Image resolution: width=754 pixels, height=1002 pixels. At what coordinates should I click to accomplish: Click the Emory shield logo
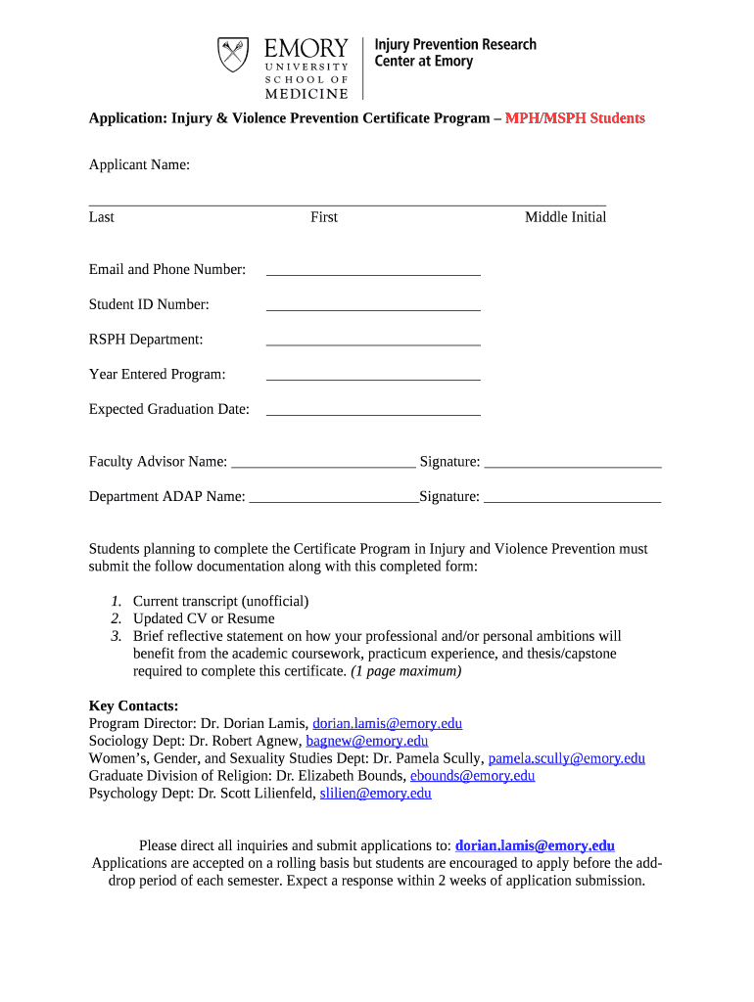[x=232, y=55]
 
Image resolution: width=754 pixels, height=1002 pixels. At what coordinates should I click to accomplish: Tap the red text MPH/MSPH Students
[x=575, y=118]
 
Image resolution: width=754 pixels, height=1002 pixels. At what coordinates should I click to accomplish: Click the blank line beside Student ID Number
[x=373, y=309]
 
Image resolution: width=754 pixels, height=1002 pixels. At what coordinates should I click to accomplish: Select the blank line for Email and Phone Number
[x=373, y=274]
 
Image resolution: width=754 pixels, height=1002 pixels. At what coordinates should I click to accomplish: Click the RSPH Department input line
[x=373, y=343]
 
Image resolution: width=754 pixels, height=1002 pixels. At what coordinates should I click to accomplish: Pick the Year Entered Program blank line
[x=373, y=379]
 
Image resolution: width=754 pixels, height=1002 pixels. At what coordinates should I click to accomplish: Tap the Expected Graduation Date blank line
[x=373, y=414]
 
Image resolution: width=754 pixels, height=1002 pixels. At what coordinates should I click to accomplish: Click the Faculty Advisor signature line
[x=573, y=467]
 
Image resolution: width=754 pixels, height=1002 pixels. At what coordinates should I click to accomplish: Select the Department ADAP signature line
[x=573, y=501]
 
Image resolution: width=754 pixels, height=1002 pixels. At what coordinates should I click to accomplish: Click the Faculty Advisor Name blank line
[x=323, y=467]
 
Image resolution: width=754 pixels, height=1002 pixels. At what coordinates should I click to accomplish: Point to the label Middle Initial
[x=565, y=217]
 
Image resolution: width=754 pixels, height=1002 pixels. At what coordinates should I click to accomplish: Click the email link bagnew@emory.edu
[x=367, y=741]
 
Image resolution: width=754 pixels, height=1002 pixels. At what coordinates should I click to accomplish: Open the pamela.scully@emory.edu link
[x=566, y=758]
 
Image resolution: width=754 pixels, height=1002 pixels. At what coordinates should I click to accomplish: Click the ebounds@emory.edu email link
[x=472, y=776]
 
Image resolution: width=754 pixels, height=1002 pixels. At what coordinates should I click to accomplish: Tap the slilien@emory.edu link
[x=376, y=794]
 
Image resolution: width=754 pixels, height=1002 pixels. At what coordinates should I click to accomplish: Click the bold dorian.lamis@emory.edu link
[x=535, y=845]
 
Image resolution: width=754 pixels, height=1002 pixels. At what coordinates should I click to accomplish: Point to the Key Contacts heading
[x=134, y=706]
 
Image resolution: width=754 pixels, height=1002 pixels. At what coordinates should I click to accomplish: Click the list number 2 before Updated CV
[x=116, y=618]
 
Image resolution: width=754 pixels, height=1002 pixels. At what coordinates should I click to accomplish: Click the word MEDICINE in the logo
[x=306, y=94]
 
